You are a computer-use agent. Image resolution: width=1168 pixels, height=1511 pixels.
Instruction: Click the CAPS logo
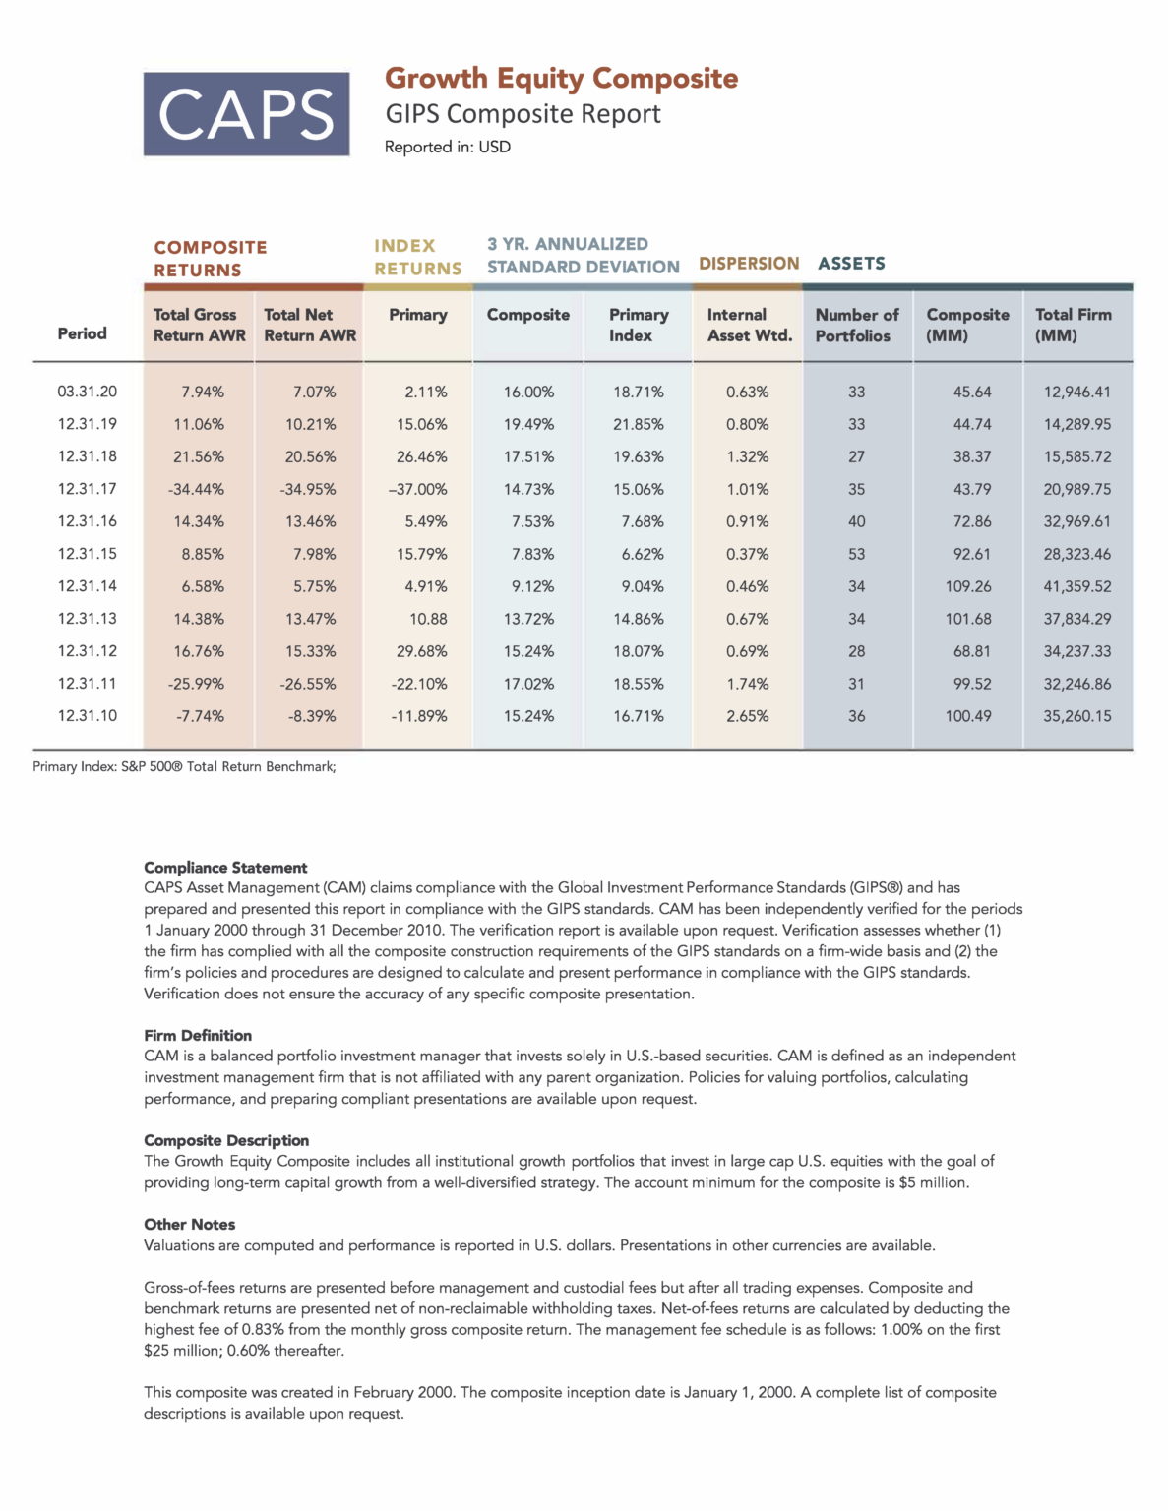(x=246, y=114)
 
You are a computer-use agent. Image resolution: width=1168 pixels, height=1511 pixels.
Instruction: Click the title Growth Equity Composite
(x=561, y=78)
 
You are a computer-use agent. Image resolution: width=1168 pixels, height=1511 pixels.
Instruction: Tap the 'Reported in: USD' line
(x=447, y=147)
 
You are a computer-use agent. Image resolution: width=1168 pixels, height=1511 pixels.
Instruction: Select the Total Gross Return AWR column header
(x=199, y=325)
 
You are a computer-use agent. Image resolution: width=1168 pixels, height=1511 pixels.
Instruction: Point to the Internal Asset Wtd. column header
(x=749, y=325)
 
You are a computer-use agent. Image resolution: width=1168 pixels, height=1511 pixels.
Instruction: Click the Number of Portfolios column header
(x=856, y=325)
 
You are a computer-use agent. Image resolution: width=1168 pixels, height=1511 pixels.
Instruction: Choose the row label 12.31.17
(x=87, y=489)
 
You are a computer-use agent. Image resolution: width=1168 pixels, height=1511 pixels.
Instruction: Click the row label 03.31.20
(x=87, y=392)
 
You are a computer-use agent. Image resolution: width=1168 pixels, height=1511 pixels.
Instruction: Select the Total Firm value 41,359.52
(x=1076, y=586)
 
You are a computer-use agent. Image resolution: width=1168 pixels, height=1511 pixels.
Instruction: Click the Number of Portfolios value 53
(x=856, y=554)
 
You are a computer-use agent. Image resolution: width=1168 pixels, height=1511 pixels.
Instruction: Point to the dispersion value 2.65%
(x=747, y=716)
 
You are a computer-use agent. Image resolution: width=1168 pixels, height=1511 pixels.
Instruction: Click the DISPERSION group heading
(x=749, y=264)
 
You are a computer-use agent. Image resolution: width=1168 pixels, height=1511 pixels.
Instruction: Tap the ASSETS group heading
(x=851, y=264)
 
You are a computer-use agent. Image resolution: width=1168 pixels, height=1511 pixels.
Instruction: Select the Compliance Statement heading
(x=225, y=868)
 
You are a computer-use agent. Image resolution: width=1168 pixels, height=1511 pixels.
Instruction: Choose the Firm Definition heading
(x=198, y=1035)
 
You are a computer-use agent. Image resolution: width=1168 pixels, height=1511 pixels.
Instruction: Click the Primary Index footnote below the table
(x=184, y=766)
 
